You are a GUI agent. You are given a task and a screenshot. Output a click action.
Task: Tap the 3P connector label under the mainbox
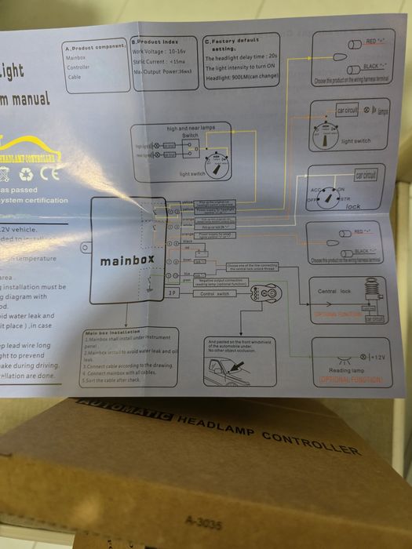coord(172,293)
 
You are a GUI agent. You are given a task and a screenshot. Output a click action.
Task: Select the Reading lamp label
coord(345,370)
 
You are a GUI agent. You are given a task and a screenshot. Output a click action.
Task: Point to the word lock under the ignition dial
coord(353,205)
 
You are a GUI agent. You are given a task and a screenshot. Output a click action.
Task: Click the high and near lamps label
coord(189,126)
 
